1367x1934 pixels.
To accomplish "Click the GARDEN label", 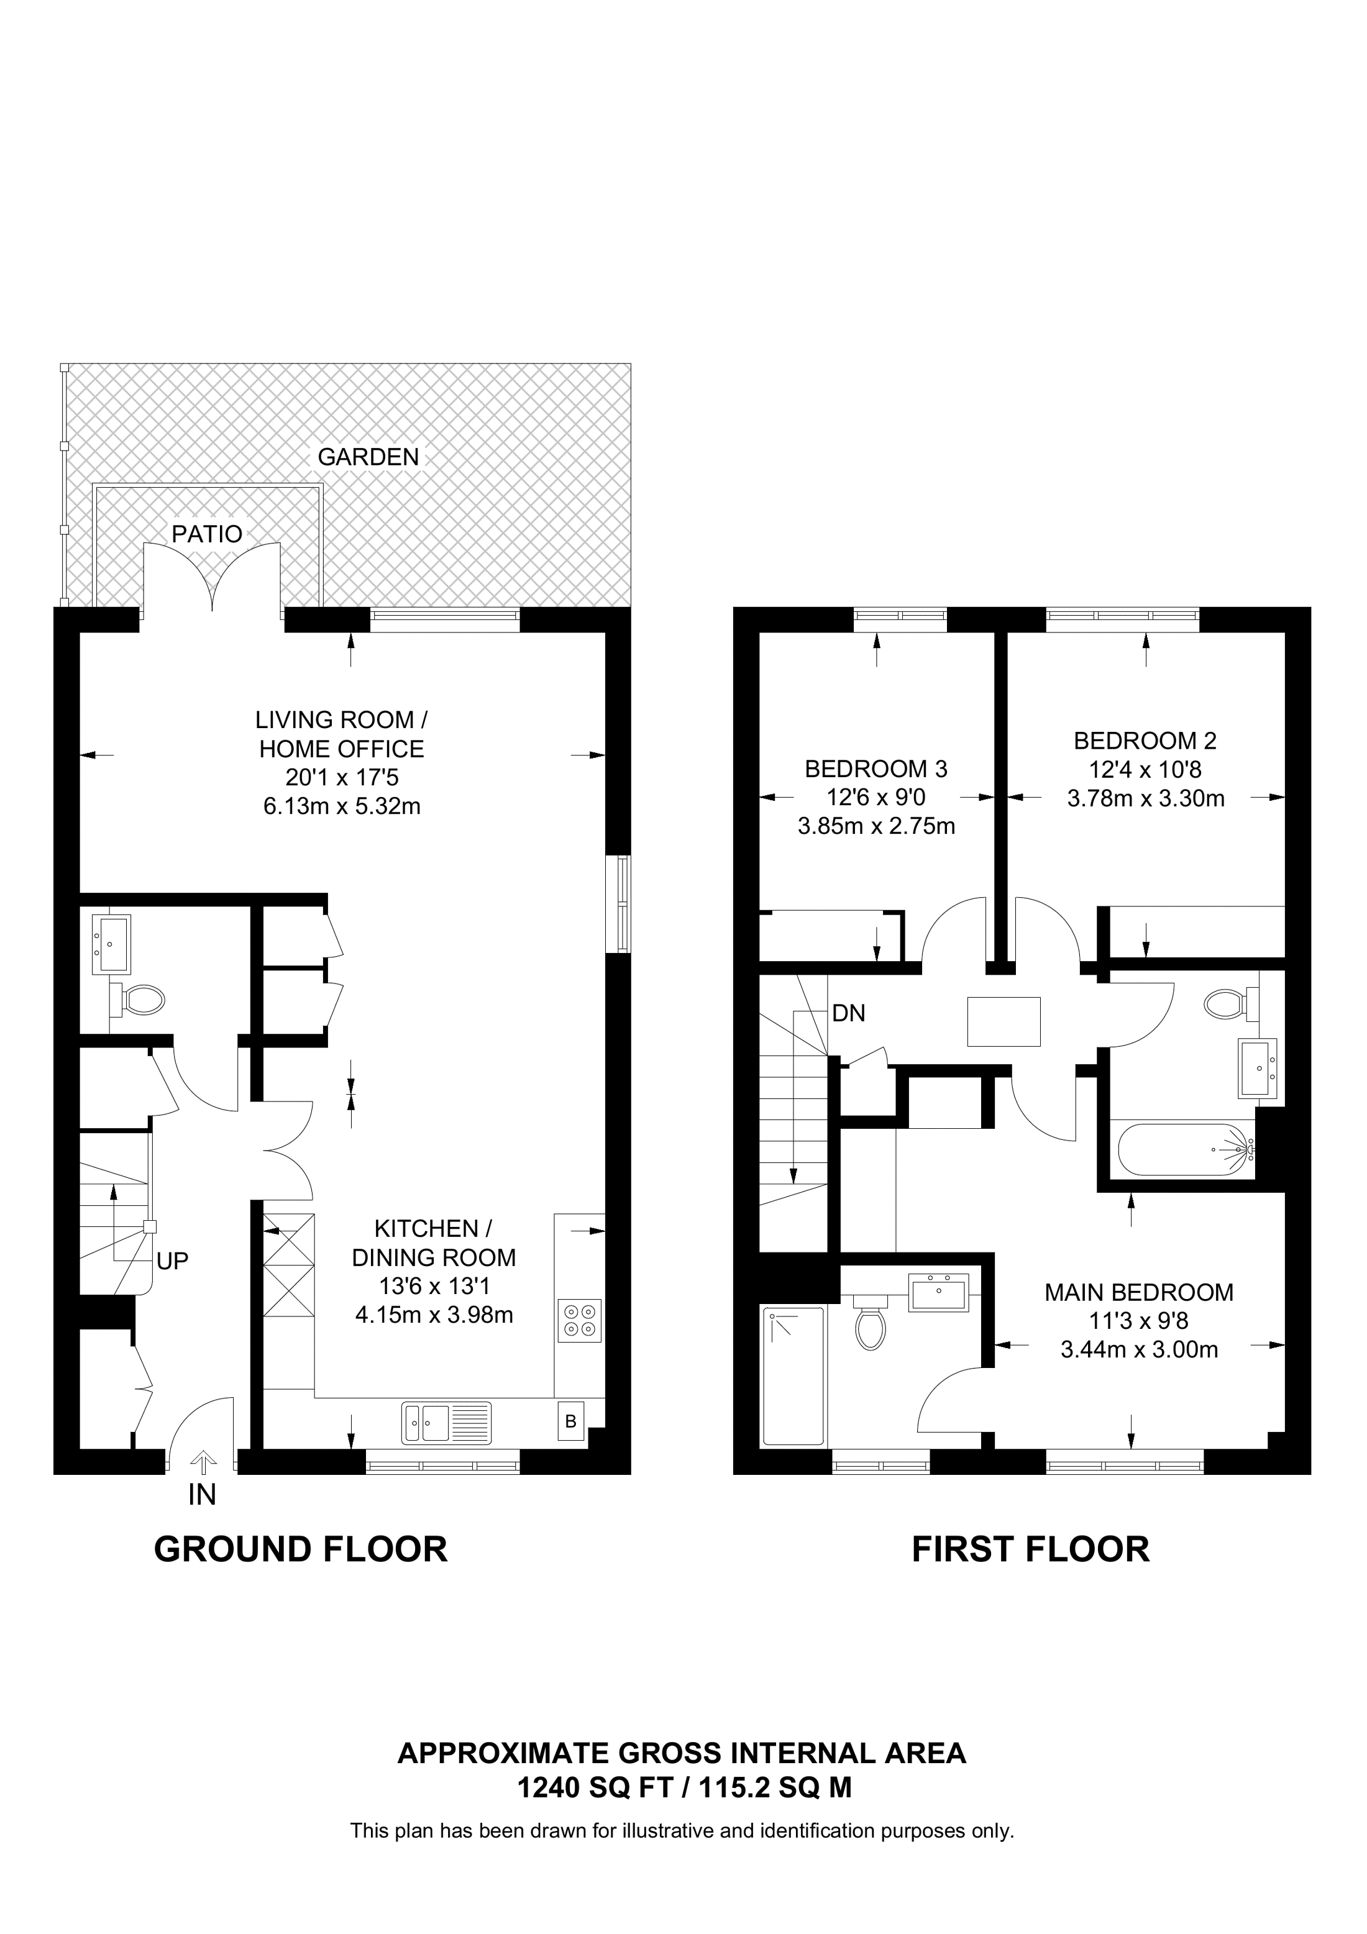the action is tap(368, 457).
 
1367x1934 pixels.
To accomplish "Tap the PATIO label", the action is tap(207, 534).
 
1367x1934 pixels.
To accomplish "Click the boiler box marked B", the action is tap(571, 1422).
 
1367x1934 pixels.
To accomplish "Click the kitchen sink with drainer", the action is tap(446, 1423).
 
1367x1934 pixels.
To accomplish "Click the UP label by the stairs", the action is tap(173, 1261).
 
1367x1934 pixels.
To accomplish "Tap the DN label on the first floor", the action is tap(848, 1013).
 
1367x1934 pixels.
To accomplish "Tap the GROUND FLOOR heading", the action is tap(301, 1550).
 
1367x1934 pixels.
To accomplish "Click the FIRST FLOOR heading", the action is tap(1030, 1550).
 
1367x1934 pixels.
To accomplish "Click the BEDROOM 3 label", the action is tap(876, 769).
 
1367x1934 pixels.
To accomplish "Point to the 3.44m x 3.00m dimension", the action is tap(1139, 1350).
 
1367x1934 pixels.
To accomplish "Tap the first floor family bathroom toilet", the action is tap(1232, 1003).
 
